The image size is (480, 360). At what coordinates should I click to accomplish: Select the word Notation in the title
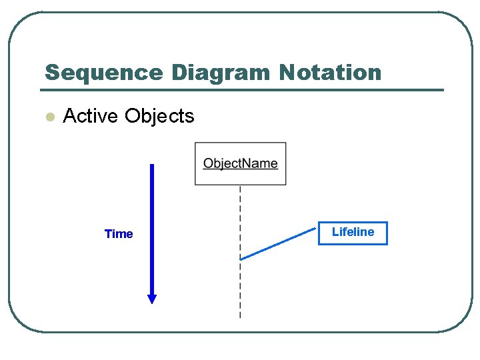tap(331, 72)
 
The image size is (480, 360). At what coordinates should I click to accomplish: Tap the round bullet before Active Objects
tap(49, 117)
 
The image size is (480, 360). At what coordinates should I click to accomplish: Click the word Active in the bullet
tap(91, 116)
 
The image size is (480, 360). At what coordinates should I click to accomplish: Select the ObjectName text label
tap(240, 163)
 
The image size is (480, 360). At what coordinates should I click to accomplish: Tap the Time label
tap(119, 234)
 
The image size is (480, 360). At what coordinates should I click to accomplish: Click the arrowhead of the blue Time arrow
tap(152, 299)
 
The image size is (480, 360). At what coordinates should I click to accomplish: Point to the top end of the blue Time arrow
tap(152, 166)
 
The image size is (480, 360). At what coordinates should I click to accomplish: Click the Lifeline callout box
tap(353, 233)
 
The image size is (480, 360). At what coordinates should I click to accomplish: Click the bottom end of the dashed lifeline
tap(240, 316)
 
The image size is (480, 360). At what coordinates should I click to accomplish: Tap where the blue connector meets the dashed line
tap(240, 259)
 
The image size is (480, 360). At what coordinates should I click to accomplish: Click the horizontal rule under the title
tap(243, 89)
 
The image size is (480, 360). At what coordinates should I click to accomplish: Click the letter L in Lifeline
tap(335, 232)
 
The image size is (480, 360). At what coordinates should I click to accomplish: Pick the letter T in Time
tap(108, 234)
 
